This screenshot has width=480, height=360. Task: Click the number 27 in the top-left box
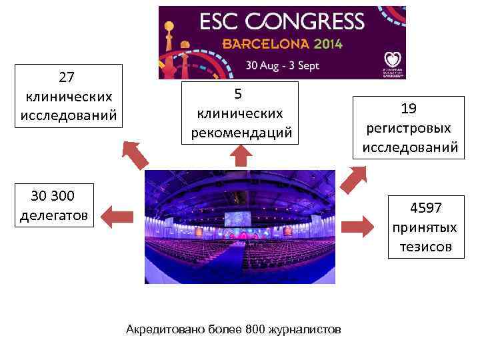[67, 77]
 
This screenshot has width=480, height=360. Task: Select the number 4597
[426, 207]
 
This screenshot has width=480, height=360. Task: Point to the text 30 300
[53, 196]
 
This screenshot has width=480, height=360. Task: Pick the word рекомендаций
[241, 133]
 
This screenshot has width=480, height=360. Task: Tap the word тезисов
[426, 247]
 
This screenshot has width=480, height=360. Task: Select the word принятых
[426, 227]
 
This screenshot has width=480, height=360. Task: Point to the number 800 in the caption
[255, 329]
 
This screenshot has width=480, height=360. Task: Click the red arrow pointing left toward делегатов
[119, 215]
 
